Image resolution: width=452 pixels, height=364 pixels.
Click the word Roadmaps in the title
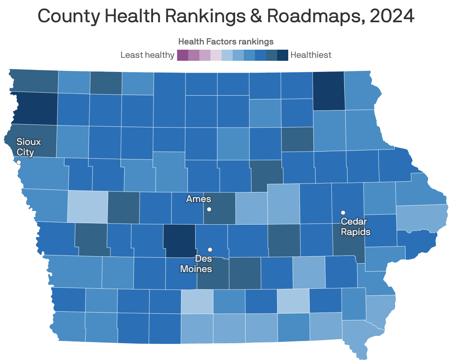tap(313, 16)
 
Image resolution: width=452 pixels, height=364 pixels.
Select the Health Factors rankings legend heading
tap(226, 42)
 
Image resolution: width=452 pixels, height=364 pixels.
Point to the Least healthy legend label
tap(147, 55)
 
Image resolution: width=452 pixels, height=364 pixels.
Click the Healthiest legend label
tap(311, 55)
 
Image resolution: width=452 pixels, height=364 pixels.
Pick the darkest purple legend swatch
tap(183, 55)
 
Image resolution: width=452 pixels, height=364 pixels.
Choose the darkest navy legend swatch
tap(283, 55)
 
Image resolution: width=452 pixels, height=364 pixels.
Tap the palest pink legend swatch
tap(216, 55)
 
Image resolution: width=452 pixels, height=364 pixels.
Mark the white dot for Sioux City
tap(19, 162)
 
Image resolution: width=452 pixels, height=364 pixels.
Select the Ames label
tap(199, 199)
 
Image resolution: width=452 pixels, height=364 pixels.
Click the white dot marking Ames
tap(209, 209)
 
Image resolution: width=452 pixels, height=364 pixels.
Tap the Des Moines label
tap(196, 263)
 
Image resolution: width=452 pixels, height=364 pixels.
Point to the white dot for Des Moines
tap(210, 249)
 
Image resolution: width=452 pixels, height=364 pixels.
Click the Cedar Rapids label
tap(355, 227)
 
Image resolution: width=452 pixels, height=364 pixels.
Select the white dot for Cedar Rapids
tap(343, 212)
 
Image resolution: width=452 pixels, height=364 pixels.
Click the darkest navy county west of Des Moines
tap(180, 241)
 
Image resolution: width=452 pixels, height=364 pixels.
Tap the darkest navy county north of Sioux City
tap(36, 108)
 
